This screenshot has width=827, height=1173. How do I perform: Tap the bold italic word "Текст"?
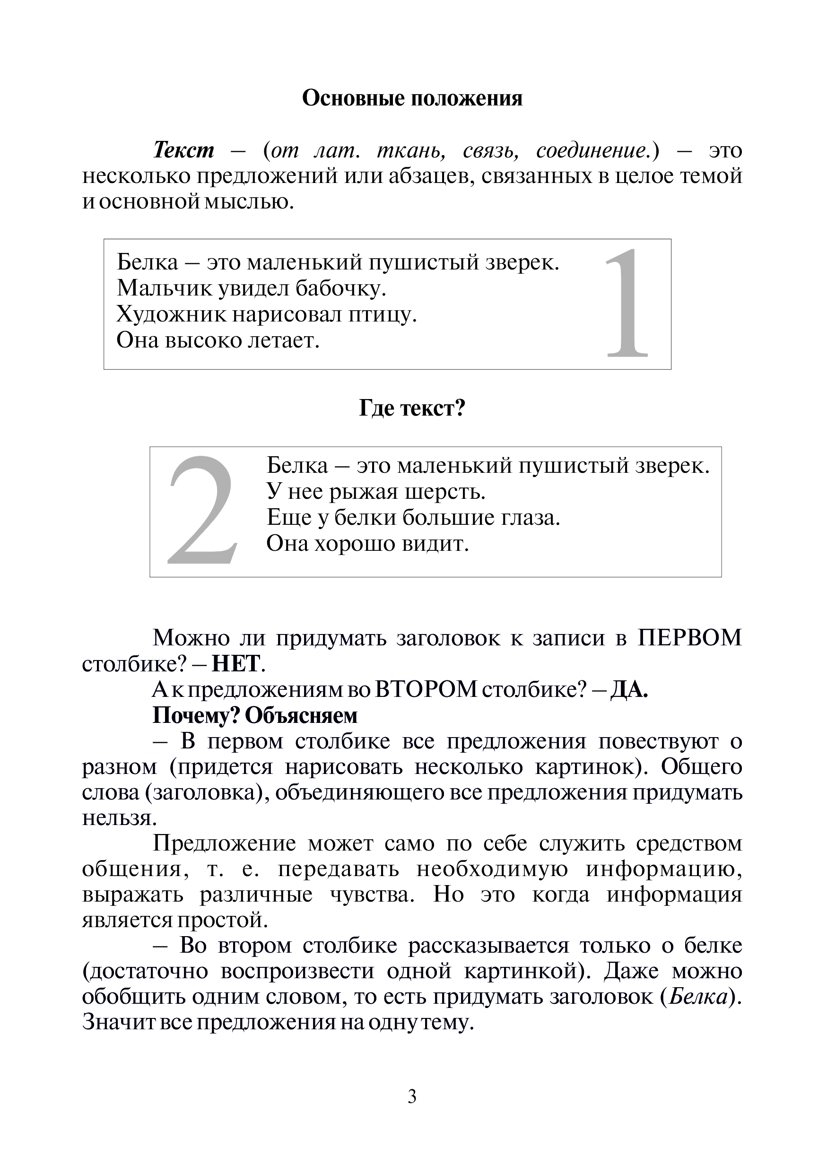click(184, 151)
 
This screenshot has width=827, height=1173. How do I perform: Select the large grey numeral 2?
click(203, 511)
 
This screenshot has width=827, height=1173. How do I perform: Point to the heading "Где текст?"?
click(412, 408)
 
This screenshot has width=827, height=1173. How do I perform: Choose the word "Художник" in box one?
click(171, 315)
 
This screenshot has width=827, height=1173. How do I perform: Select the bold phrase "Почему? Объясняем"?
click(255, 716)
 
